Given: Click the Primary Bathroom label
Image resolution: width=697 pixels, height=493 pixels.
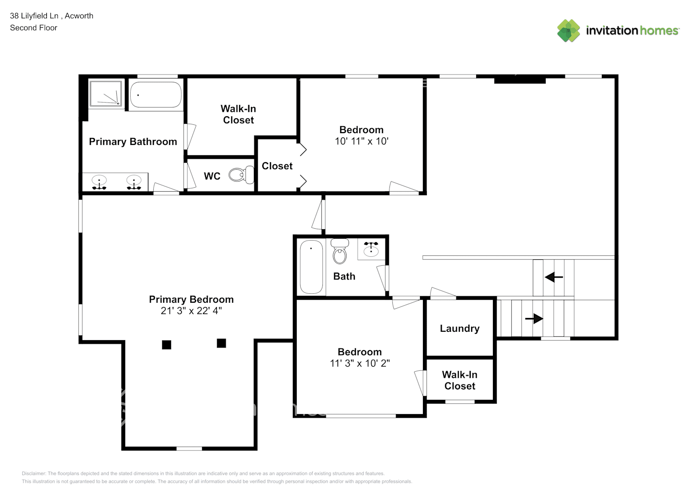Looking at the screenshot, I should click(133, 142).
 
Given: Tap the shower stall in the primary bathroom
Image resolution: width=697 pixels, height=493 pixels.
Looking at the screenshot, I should click(105, 93).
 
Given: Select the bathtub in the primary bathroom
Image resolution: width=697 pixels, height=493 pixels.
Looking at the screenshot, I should click(155, 95).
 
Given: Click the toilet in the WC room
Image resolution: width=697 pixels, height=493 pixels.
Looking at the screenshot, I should click(240, 175).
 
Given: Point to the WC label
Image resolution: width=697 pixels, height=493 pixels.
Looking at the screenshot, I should click(212, 176).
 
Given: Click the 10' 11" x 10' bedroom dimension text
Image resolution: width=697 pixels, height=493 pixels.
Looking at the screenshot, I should click(361, 141).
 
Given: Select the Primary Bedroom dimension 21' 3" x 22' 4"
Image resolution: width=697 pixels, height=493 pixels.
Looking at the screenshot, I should click(191, 311).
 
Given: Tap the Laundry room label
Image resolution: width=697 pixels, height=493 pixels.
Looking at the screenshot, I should click(459, 329).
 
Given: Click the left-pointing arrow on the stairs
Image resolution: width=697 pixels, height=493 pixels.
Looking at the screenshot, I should click(554, 278).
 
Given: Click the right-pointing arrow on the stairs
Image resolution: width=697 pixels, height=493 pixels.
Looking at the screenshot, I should click(534, 319).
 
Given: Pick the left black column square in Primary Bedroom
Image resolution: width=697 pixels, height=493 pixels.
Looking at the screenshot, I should click(167, 345).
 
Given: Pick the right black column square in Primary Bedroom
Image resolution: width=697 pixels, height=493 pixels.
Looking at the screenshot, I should click(221, 343).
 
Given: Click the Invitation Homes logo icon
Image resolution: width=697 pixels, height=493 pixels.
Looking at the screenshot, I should click(568, 31).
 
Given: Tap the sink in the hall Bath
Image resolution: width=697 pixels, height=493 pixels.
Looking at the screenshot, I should click(371, 250).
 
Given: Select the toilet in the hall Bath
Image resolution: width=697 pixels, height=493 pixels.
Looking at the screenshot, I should click(340, 252).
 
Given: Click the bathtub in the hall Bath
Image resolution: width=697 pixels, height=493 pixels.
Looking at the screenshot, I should click(312, 267).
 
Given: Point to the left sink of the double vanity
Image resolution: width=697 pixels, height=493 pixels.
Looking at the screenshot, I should click(100, 182).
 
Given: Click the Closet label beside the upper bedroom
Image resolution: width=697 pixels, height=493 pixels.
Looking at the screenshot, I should click(277, 166).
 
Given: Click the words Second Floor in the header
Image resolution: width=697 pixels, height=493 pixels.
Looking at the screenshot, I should click(34, 28).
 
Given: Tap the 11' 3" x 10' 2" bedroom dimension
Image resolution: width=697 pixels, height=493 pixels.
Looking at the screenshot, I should click(360, 364).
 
